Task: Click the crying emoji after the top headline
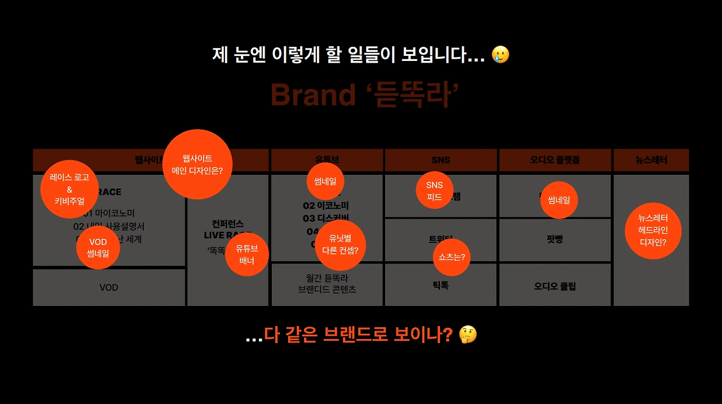tap(500, 55)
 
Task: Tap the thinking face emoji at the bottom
tap(468, 335)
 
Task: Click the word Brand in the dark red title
tap(313, 94)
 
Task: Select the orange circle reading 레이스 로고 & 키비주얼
tap(69, 189)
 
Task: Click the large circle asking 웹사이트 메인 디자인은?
tap(197, 164)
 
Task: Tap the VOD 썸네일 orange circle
tap(98, 248)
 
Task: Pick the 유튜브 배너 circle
tap(246, 254)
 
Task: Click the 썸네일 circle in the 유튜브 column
tap(325, 181)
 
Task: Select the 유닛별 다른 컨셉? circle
tap(340, 244)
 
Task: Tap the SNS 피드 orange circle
tap(434, 191)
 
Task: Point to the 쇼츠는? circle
tap(452, 257)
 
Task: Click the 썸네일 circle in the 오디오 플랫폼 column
tap(559, 200)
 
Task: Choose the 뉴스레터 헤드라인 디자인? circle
tap(653, 231)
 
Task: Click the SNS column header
tap(441, 160)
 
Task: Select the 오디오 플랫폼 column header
tap(555, 160)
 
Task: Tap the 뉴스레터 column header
tap(651, 160)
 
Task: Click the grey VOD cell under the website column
tap(109, 287)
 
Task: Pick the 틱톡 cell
tap(441, 286)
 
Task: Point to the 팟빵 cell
tap(555, 239)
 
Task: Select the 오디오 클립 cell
tap(555, 286)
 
